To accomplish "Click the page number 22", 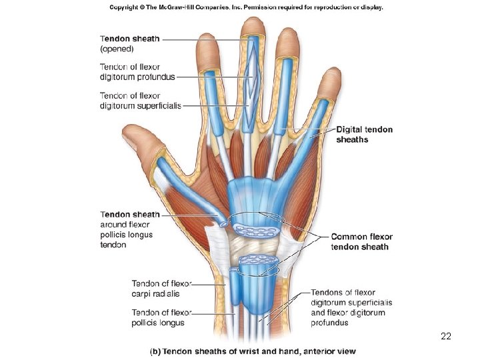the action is coord(446,337).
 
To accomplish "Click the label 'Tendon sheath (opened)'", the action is coord(129,43).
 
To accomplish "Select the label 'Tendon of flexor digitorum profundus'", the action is coord(137,71).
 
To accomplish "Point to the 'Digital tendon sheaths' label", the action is coord(364,134).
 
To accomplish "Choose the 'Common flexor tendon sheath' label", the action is coord(361,241).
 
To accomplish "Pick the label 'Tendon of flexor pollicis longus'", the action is coord(158,317).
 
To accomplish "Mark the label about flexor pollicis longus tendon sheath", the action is coord(129,229).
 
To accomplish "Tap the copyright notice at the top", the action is coord(246,7).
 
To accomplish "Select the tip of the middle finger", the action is coord(253,27).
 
